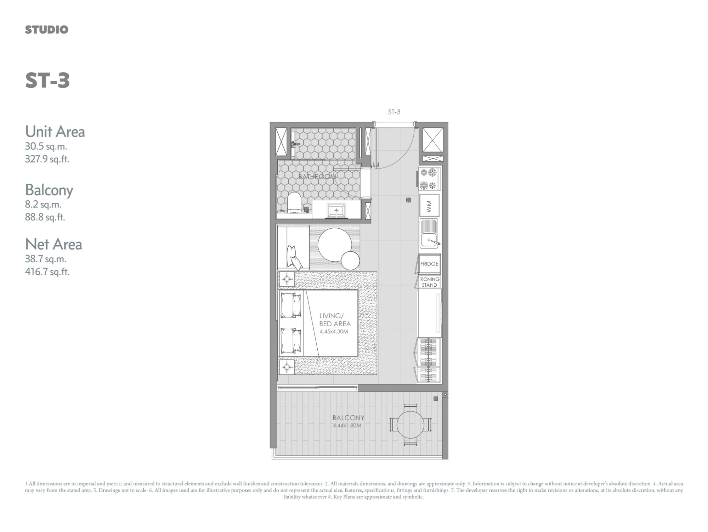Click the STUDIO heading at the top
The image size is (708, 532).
tap(46, 30)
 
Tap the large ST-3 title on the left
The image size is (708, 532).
tap(47, 80)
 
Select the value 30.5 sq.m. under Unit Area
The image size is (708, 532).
tap(46, 146)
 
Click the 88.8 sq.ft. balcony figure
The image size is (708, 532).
tap(45, 217)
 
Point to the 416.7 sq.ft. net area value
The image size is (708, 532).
tap(47, 272)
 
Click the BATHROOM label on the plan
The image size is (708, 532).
tap(317, 177)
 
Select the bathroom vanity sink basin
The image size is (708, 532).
tap(336, 211)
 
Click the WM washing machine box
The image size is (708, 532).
tap(429, 205)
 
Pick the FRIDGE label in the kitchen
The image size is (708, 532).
tap(429, 264)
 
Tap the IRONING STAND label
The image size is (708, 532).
tap(429, 282)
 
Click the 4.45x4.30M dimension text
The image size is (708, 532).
tap(334, 332)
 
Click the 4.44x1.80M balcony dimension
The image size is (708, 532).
tap(347, 425)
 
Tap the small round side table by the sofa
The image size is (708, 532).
tap(350, 261)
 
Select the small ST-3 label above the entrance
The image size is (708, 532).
tap(394, 112)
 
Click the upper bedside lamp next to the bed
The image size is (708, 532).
tap(287, 280)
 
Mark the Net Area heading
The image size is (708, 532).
tap(53, 244)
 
